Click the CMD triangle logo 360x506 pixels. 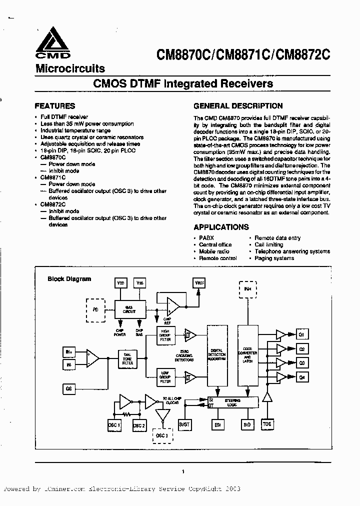point(52,42)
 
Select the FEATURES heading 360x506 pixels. point(54,106)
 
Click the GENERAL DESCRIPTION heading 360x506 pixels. point(238,106)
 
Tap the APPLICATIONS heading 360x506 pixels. point(220,227)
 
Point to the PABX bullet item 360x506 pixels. point(206,238)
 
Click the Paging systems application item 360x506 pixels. point(274,258)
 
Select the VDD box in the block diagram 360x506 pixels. point(120,283)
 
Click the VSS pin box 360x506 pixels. point(140,283)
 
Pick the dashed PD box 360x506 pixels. point(95,309)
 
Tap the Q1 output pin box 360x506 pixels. point(301,334)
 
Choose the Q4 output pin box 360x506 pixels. point(301,377)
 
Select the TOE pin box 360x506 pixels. point(267,424)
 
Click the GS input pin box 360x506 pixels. point(68,388)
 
